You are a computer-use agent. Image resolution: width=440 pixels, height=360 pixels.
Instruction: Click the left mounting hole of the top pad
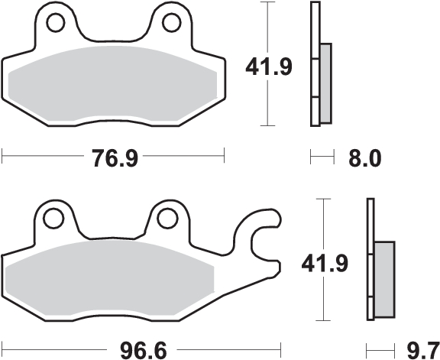(x=56, y=22)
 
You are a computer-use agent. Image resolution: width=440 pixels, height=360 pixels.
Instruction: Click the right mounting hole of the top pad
(x=171, y=22)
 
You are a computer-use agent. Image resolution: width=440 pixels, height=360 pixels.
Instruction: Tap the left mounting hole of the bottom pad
(x=53, y=218)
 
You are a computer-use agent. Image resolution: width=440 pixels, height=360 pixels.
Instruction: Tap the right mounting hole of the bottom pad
(x=168, y=218)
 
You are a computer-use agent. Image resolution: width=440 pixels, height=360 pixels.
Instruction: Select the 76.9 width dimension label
(x=115, y=158)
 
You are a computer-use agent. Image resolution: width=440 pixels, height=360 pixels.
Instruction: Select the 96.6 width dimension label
(x=143, y=350)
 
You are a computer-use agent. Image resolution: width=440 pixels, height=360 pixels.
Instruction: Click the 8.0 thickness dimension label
(x=365, y=158)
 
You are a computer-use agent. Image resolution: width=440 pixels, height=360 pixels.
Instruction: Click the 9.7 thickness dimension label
(x=423, y=350)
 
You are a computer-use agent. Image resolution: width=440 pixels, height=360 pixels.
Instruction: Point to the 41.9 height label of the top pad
(x=269, y=67)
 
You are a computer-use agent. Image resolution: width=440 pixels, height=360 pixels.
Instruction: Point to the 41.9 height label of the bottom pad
(x=325, y=264)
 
